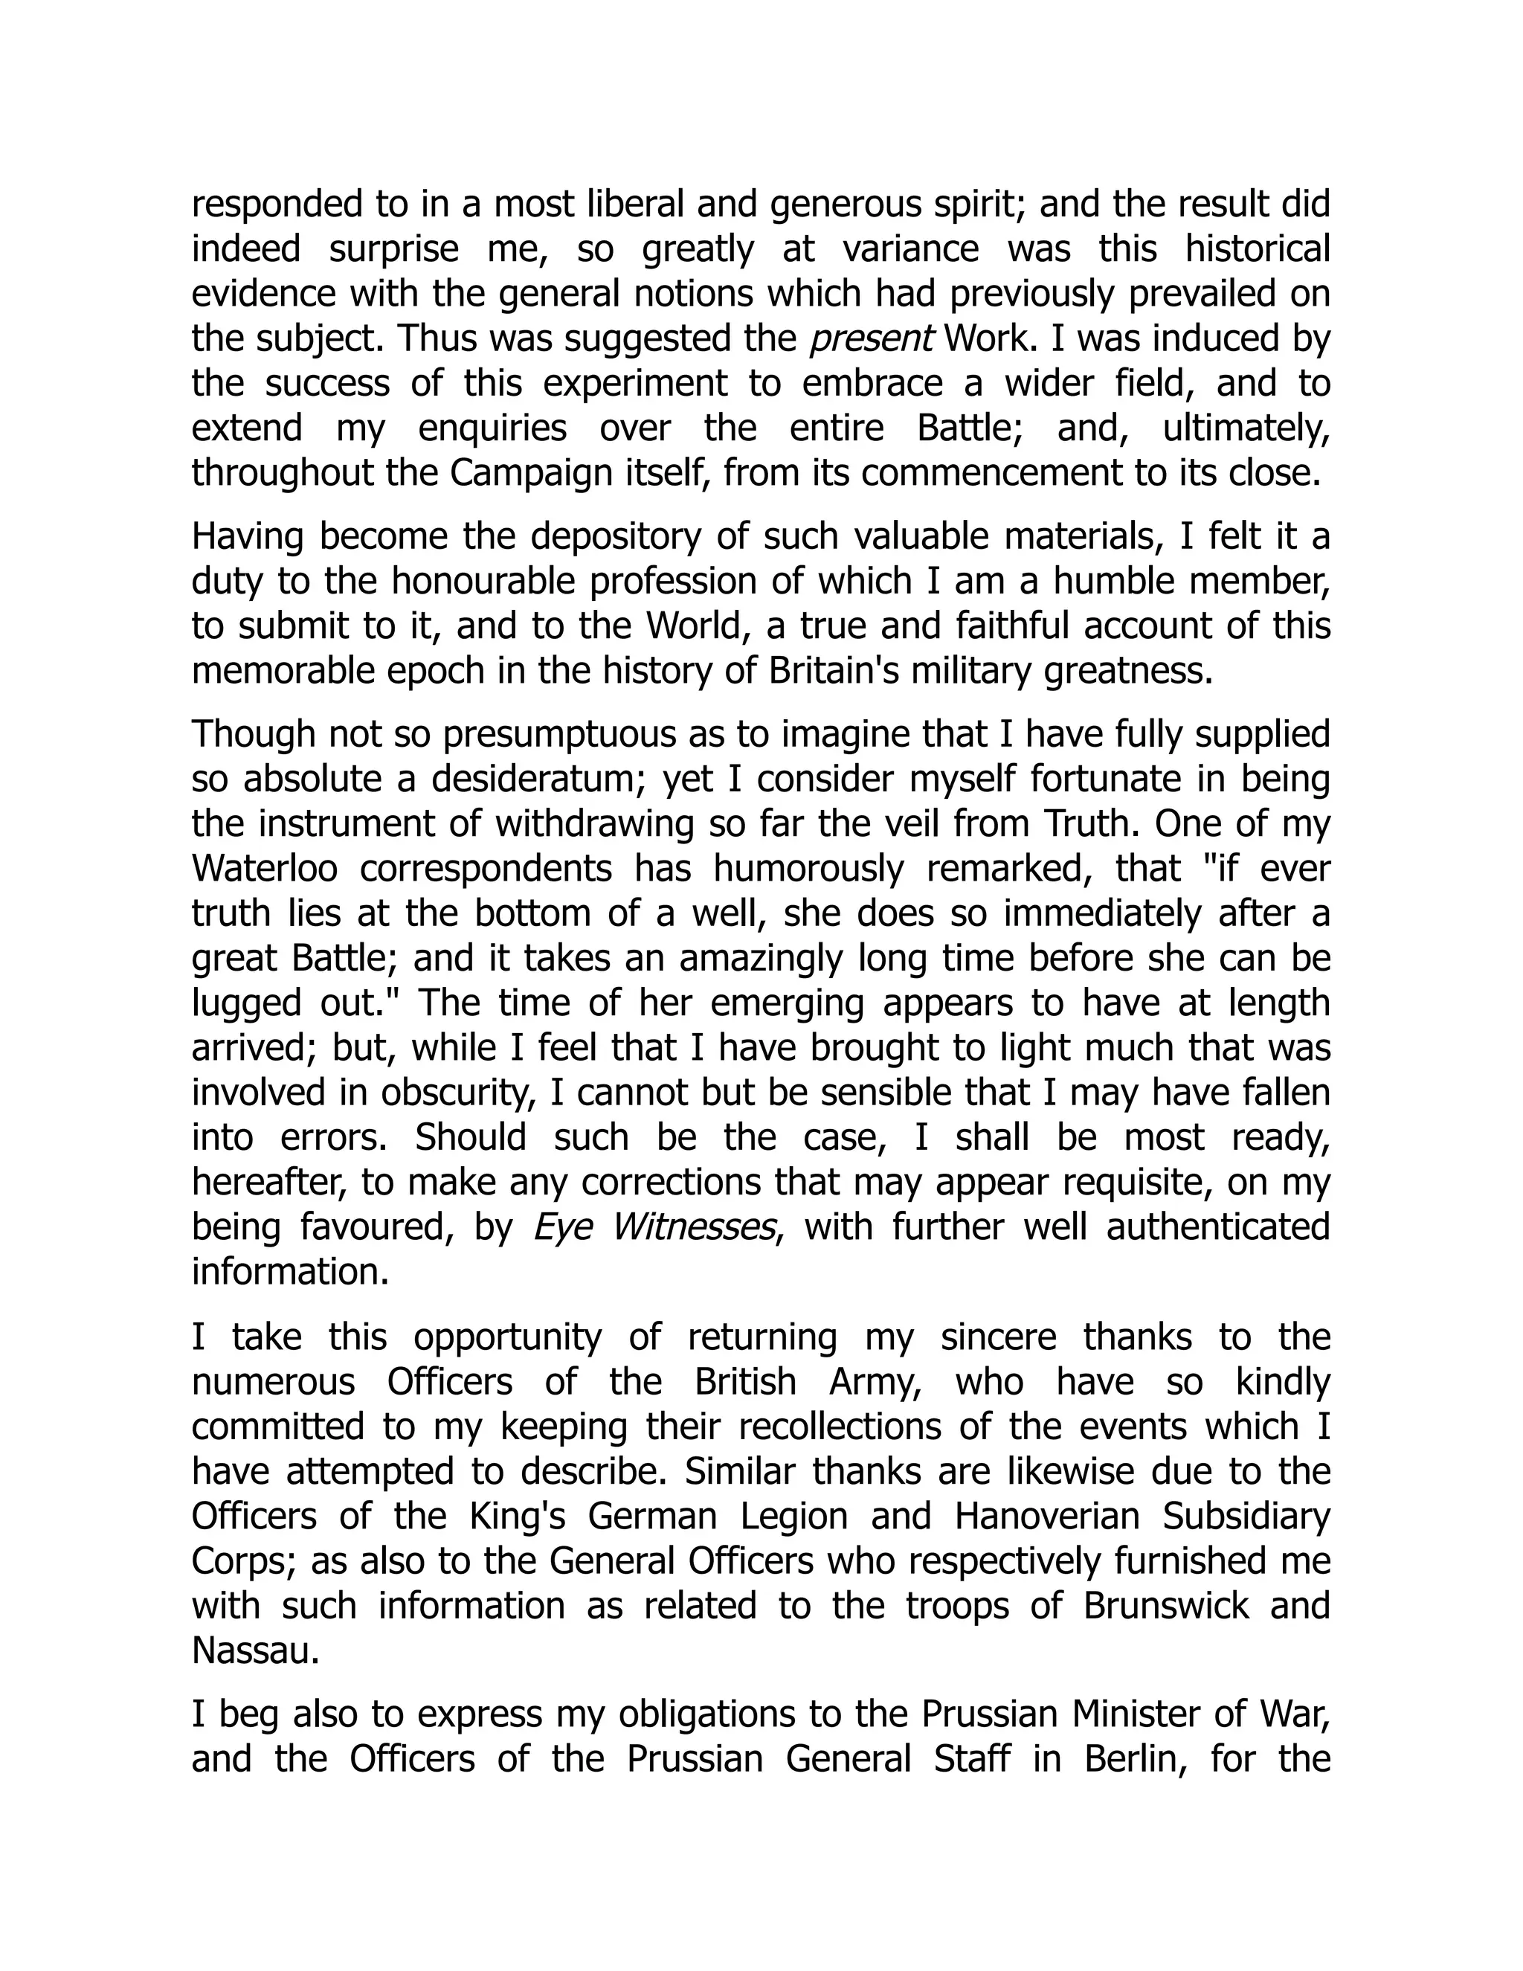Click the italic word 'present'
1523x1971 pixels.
(x=872, y=339)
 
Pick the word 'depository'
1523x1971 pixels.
(x=615, y=537)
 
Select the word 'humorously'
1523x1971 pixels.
(x=808, y=868)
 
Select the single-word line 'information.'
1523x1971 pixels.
(x=291, y=1273)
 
